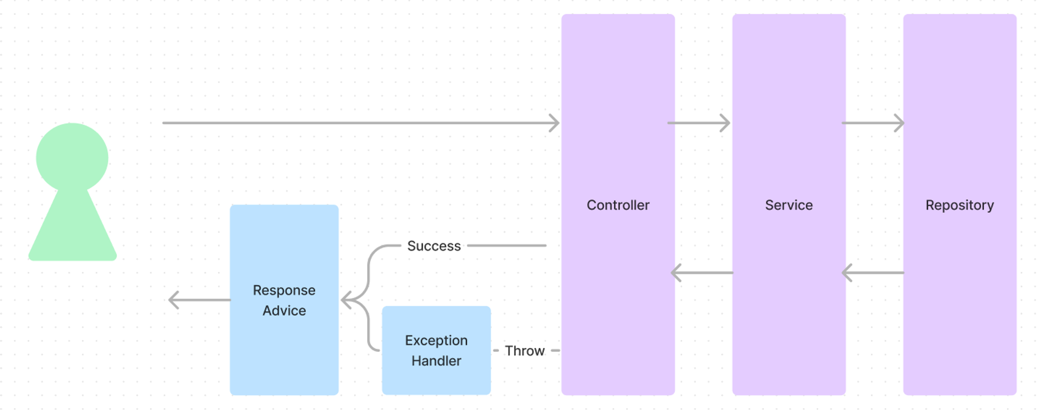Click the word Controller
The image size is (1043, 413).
point(618,205)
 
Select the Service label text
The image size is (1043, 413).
point(789,205)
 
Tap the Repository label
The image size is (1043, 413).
point(960,205)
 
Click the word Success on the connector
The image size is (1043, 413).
point(434,246)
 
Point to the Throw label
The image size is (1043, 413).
point(525,351)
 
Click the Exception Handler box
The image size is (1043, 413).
point(436,350)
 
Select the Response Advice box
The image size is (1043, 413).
point(284,300)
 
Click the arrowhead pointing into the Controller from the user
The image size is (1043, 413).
point(554,123)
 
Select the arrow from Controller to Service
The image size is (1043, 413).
point(699,123)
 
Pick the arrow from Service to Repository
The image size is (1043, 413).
point(873,123)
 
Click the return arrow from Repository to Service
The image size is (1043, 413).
point(873,273)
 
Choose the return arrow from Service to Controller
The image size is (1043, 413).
point(702,273)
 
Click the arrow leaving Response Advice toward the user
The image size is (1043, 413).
point(200,300)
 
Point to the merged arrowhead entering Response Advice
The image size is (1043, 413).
point(346,300)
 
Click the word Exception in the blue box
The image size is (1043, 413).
point(436,340)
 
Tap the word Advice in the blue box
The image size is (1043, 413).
point(284,311)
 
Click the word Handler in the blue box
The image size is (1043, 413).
point(436,361)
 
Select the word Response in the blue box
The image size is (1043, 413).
point(284,290)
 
